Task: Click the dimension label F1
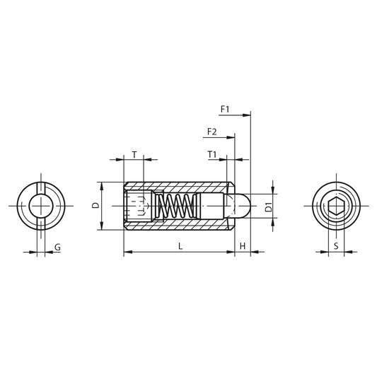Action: (x=225, y=110)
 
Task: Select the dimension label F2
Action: (x=211, y=132)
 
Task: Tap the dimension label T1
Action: (x=211, y=154)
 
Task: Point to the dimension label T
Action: (x=134, y=154)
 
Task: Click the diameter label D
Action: (x=96, y=205)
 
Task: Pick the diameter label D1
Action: (x=268, y=207)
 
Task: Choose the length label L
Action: (x=180, y=246)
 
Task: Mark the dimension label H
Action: (x=243, y=246)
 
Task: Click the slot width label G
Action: (x=57, y=247)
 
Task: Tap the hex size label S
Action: (x=336, y=246)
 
